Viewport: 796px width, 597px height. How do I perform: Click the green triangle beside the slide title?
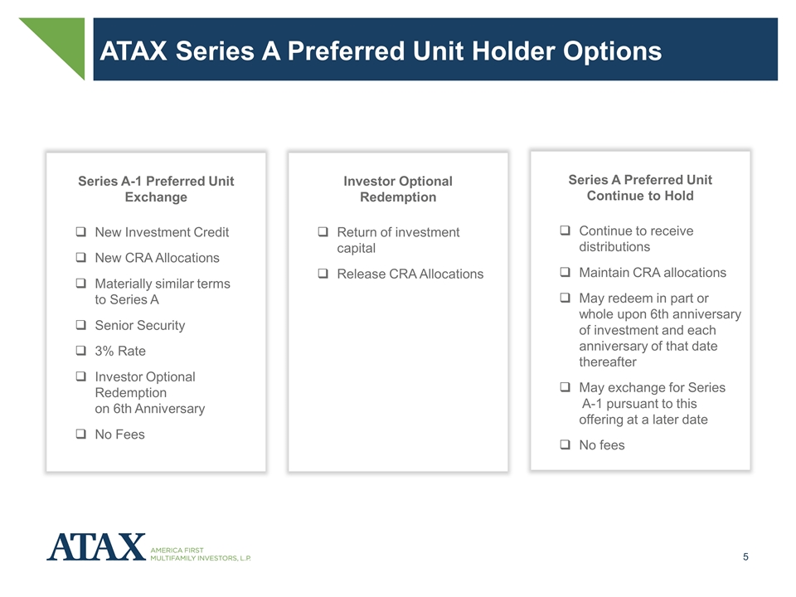point(63,40)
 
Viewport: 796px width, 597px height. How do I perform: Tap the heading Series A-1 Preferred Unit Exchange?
point(156,189)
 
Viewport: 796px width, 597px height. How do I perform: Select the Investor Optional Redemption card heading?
point(398,189)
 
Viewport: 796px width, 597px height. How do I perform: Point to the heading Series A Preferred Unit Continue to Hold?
point(640,187)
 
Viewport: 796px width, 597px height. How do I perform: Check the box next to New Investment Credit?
point(80,231)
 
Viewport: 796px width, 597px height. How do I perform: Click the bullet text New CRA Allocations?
point(157,258)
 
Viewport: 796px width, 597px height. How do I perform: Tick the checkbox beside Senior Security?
point(80,324)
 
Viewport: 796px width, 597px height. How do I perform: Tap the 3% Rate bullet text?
point(120,351)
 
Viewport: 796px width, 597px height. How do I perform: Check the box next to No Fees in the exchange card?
point(80,434)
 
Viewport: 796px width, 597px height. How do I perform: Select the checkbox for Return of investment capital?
point(323,231)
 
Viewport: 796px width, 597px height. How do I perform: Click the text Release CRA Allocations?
point(410,274)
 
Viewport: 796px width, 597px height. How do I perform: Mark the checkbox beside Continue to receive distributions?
point(565,230)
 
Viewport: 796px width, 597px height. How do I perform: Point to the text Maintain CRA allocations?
point(653,273)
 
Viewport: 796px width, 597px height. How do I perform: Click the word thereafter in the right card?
point(608,362)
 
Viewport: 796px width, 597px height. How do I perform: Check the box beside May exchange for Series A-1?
point(565,387)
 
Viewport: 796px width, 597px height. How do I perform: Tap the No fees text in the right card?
point(602,445)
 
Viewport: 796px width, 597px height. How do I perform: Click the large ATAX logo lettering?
point(96,546)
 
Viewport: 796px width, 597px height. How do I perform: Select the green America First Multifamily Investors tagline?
point(201,555)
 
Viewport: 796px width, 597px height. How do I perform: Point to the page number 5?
point(745,557)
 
